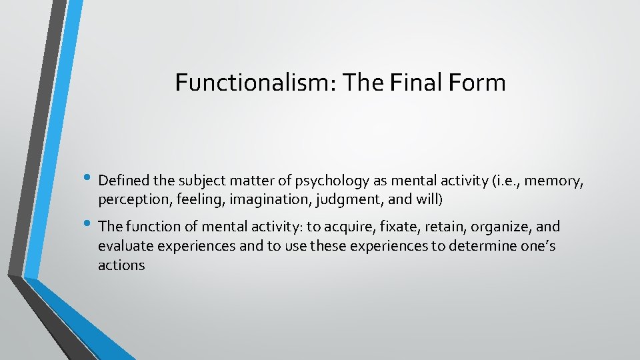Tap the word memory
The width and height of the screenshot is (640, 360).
(x=555, y=181)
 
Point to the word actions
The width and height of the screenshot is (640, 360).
(x=121, y=265)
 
